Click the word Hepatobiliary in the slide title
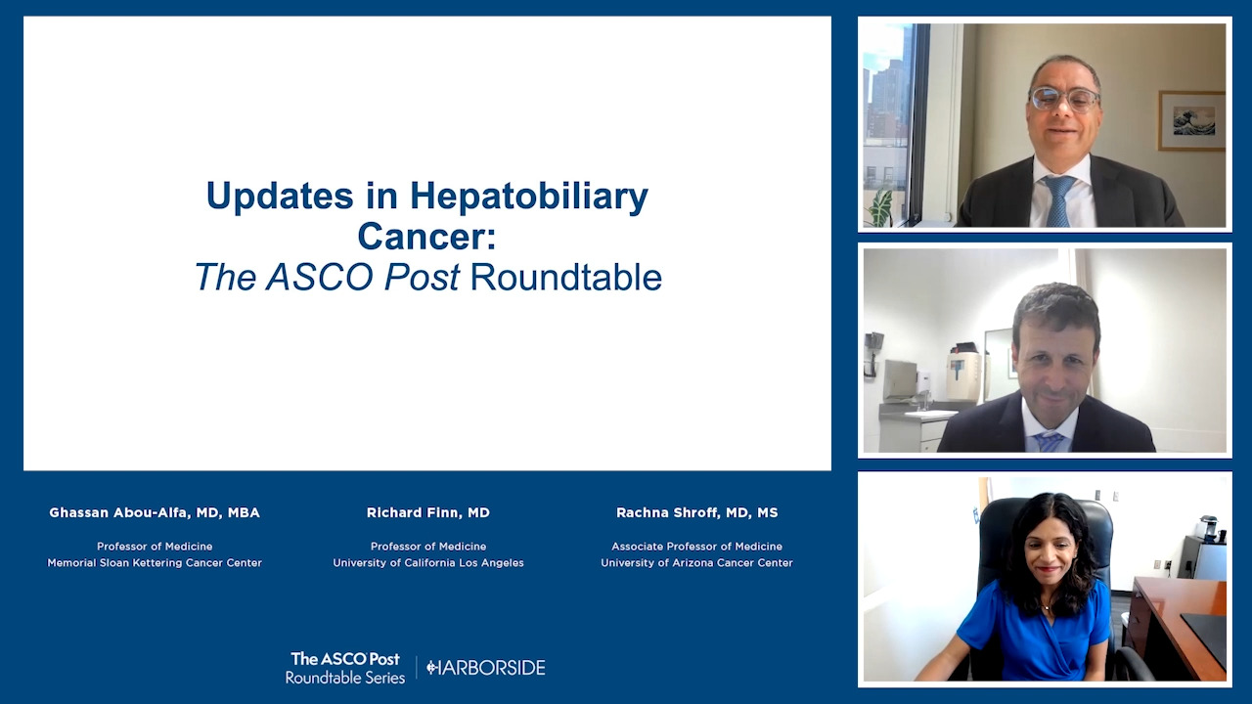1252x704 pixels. tap(529, 197)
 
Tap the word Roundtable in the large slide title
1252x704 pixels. tap(566, 277)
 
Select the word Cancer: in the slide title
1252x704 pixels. tap(427, 237)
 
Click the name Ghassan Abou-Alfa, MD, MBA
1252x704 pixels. tap(155, 513)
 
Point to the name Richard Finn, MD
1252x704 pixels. tap(428, 513)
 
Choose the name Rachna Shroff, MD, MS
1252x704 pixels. tap(697, 513)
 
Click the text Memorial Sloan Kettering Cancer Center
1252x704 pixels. tap(155, 562)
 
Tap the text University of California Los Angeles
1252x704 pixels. tap(428, 562)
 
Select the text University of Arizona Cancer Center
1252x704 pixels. tap(697, 562)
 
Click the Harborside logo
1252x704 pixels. tap(486, 668)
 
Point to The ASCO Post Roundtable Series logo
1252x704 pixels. tap(345, 668)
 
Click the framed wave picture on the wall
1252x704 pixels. tap(1191, 120)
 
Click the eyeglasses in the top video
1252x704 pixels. tap(1065, 100)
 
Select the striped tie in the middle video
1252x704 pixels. tap(1050, 441)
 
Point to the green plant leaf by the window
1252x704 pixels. tap(881, 208)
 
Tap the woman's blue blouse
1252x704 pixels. tap(1034, 633)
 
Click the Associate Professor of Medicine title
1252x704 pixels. tap(697, 547)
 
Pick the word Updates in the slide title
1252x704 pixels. tap(280, 197)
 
